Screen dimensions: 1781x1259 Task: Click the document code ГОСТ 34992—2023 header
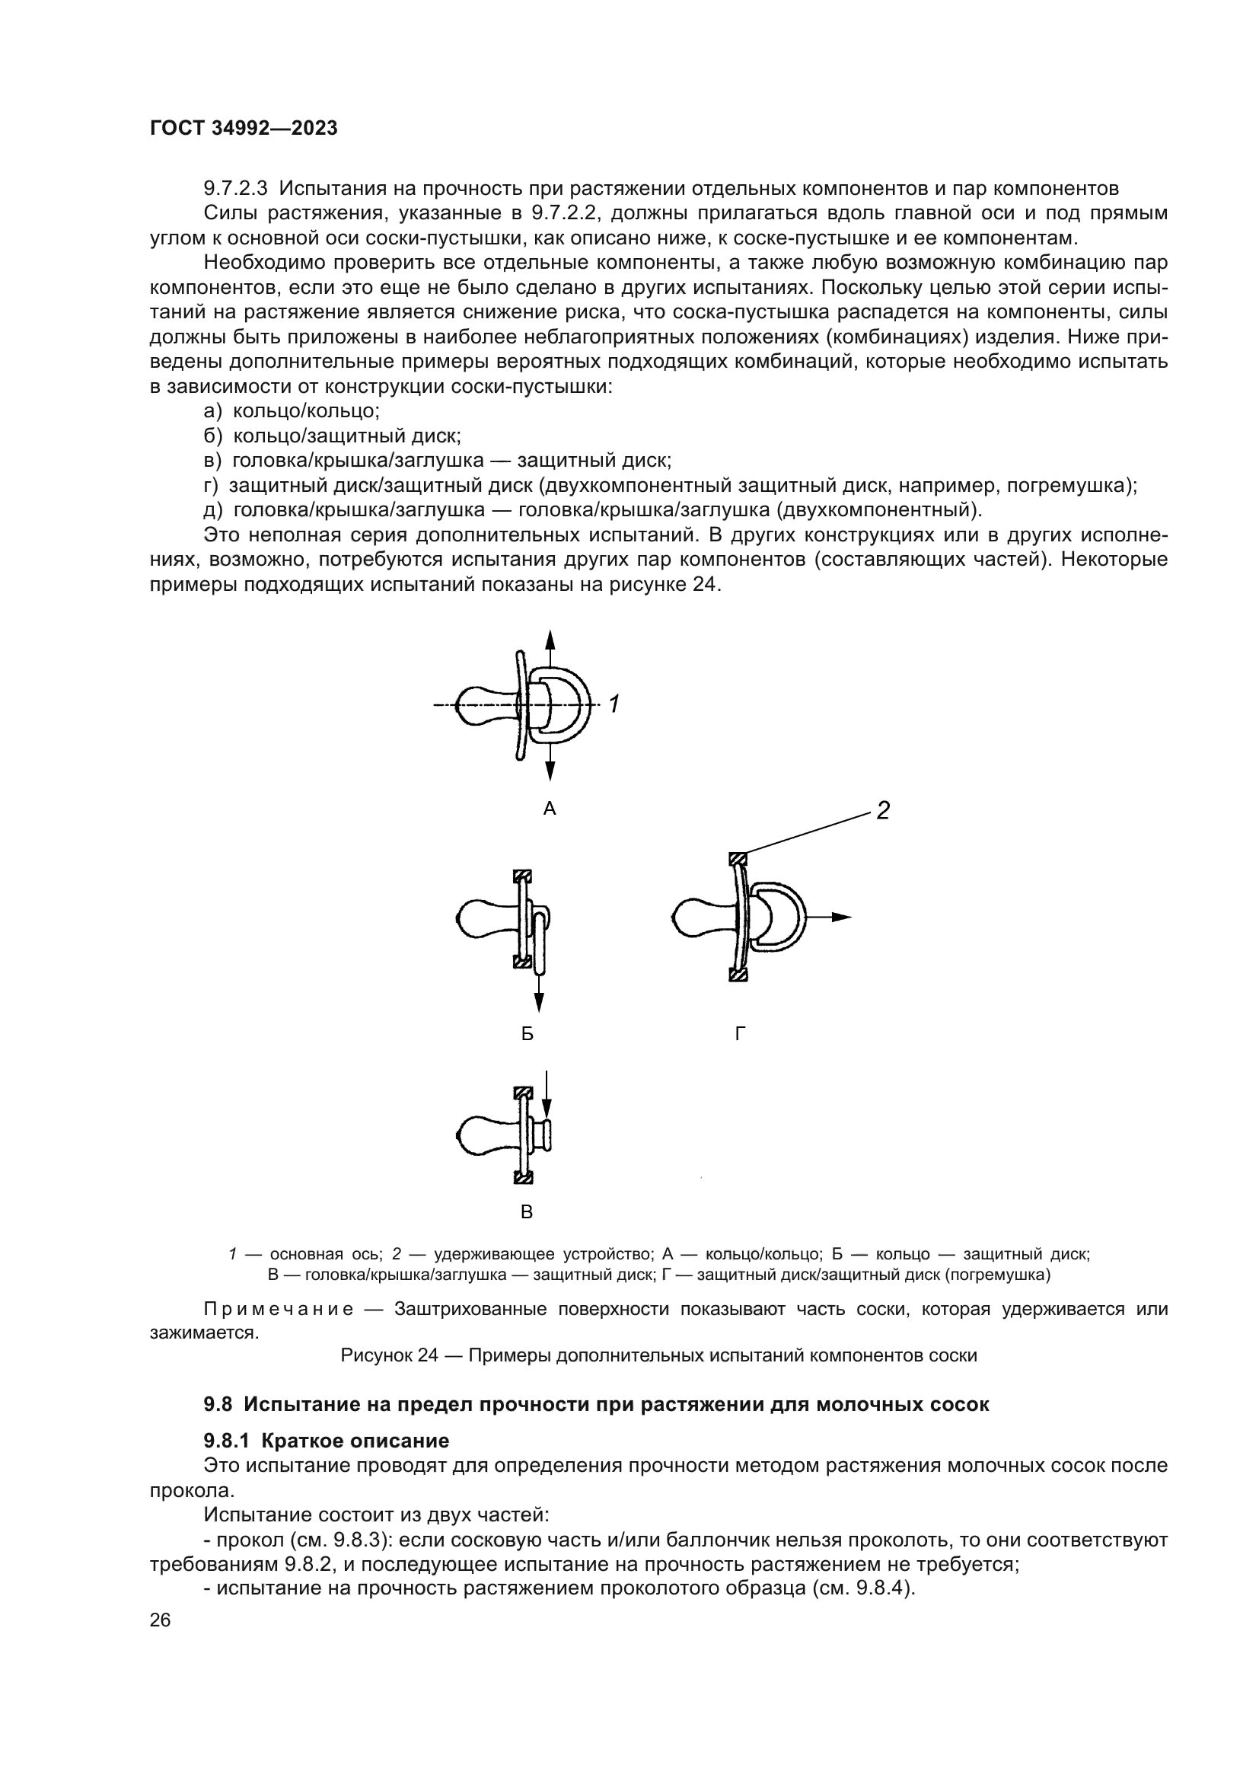tap(244, 129)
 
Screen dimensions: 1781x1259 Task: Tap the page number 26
tap(161, 1620)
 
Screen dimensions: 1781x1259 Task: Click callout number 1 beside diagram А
tap(614, 704)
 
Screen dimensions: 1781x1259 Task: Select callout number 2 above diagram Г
tap(882, 812)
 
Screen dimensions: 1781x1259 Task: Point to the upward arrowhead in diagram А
tap(550, 640)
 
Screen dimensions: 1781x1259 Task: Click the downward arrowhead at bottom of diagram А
tap(550, 771)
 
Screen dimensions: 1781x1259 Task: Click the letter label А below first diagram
tap(550, 809)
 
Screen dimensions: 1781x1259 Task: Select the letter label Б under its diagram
tap(528, 1033)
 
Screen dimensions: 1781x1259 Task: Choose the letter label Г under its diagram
tap(741, 1033)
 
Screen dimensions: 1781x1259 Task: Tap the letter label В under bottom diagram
tap(527, 1211)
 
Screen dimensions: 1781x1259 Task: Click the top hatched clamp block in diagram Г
tap(738, 859)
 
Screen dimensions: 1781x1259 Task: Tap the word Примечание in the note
tap(279, 1310)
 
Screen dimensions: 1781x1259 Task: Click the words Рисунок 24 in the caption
tap(390, 1356)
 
